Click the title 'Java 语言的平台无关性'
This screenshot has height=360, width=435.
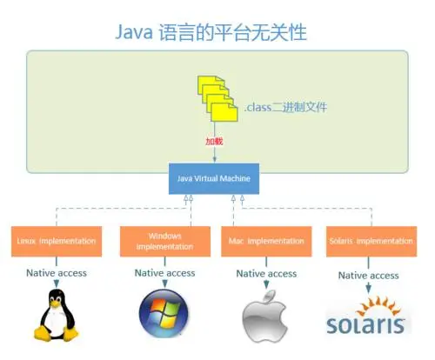(x=211, y=32)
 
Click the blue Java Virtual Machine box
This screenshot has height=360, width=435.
(x=215, y=179)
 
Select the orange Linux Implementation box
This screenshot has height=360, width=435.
(x=56, y=240)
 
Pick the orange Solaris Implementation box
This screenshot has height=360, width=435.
(x=371, y=240)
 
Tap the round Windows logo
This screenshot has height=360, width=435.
(x=162, y=314)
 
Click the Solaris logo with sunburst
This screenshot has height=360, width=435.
(x=366, y=315)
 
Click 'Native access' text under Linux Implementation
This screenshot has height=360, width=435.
(x=56, y=273)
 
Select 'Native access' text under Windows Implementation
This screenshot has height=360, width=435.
(x=164, y=273)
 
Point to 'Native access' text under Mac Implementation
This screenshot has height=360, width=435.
(x=266, y=274)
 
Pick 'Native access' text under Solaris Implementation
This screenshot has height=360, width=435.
(x=369, y=276)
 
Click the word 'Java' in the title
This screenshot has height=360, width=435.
(x=137, y=33)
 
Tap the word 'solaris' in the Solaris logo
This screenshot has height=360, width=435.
(x=366, y=325)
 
